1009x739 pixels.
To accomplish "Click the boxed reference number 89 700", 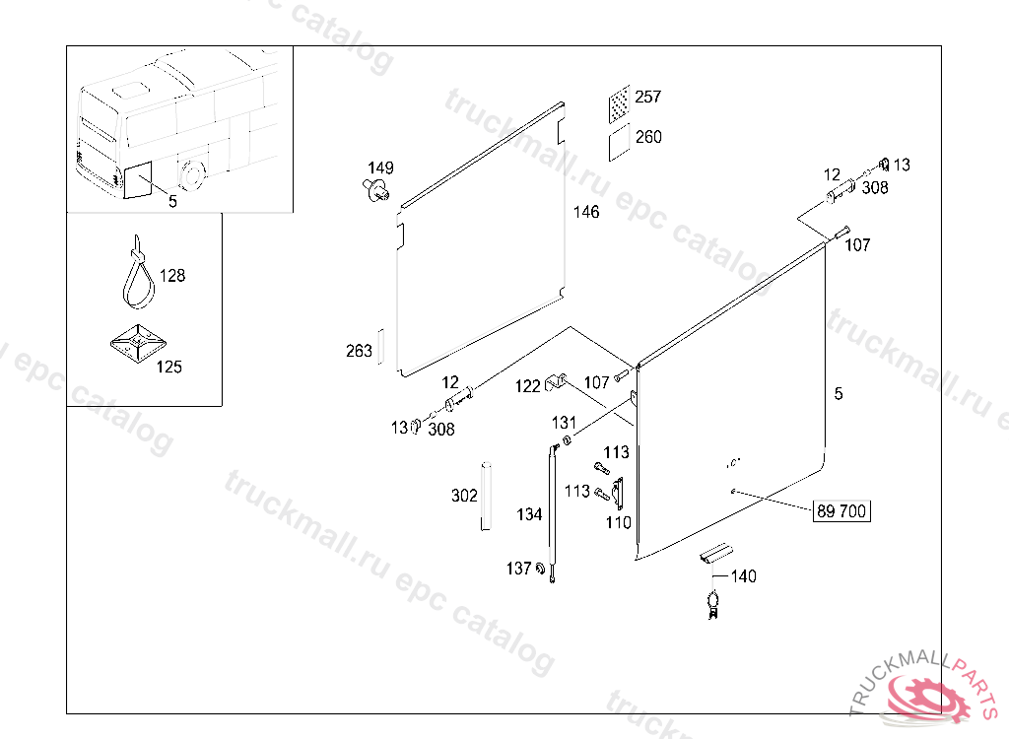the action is (841, 511).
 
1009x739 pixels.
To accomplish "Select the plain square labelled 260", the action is (619, 142).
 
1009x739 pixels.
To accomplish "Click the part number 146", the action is (586, 212).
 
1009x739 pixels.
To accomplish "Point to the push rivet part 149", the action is (375, 190).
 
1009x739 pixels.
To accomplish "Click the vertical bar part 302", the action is (485, 496).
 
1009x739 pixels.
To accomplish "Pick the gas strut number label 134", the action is (529, 514).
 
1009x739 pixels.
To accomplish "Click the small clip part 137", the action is (541, 569).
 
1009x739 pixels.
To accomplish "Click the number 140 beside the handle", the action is (743, 576).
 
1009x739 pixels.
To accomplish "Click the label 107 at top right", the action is (857, 244).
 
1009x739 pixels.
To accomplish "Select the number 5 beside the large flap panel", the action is (839, 394).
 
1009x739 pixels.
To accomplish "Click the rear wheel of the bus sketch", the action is (190, 174).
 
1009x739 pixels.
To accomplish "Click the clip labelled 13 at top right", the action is (884, 163).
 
